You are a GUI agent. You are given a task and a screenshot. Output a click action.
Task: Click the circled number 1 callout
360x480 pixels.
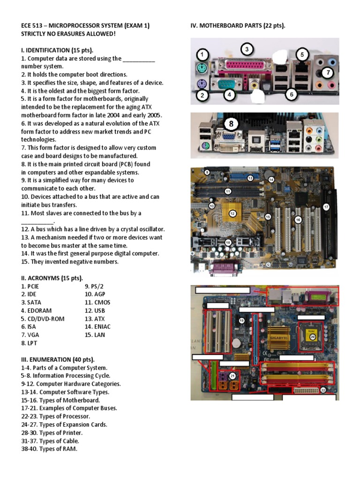[x=202, y=55]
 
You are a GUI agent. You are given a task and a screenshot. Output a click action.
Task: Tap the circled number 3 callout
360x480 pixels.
[x=247, y=49]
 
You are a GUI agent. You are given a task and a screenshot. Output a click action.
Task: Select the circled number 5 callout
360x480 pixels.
[x=302, y=55]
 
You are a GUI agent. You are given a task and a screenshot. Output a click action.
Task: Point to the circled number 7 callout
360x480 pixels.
[x=328, y=73]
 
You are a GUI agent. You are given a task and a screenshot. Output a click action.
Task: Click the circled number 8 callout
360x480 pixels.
[x=231, y=124]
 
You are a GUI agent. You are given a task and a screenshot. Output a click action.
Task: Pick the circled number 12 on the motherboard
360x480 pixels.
[x=232, y=213]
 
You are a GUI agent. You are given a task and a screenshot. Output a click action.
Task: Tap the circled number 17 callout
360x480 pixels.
[x=326, y=207]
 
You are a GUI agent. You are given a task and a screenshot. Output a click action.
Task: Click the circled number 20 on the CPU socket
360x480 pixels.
[x=313, y=336]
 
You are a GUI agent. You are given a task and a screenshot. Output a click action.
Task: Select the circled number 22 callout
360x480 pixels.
[x=323, y=390]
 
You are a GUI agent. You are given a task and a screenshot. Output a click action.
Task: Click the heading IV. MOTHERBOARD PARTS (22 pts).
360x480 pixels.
[x=238, y=26]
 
